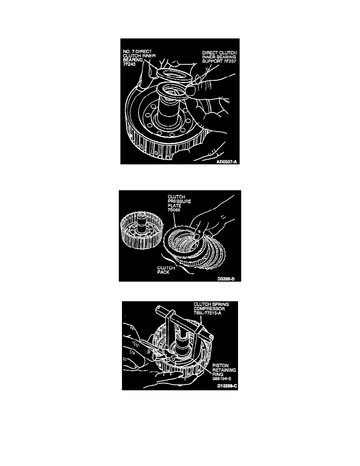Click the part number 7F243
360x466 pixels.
[129, 64]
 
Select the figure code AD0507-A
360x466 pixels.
[227, 162]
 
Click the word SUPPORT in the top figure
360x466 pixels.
[211, 61]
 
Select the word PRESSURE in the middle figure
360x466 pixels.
[179, 201]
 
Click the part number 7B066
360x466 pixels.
[174, 210]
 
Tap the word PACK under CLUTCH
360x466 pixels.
[164, 272]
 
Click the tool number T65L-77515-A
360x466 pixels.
[208, 313]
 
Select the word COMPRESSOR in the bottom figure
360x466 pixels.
[209, 308]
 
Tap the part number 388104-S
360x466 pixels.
[222, 379]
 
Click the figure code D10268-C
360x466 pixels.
[227, 386]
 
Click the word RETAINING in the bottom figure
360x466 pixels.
[224, 370]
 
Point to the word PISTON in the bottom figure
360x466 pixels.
[220, 365]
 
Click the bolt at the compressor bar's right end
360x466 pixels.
[211, 337]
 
